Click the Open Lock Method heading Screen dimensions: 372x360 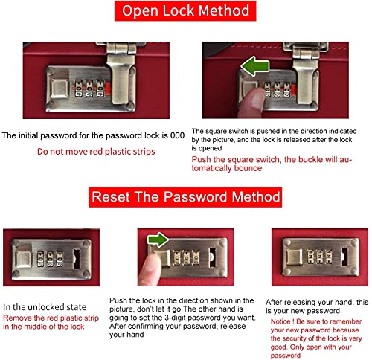click(x=185, y=11)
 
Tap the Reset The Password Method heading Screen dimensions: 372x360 click(x=185, y=197)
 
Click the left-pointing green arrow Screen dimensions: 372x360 click(x=255, y=66)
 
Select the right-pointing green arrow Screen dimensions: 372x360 click(x=158, y=240)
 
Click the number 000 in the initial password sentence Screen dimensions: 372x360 click(x=177, y=135)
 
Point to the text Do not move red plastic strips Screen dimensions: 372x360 click(x=96, y=152)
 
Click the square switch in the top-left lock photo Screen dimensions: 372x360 click(x=60, y=89)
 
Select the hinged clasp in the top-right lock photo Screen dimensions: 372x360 click(x=306, y=74)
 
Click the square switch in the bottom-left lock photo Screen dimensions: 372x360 click(x=24, y=260)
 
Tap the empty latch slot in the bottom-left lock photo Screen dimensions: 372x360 click(x=77, y=259)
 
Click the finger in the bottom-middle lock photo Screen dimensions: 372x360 click(x=150, y=270)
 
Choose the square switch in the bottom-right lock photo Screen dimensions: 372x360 click(x=295, y=257)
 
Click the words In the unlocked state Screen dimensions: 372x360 click(x=45, y=307)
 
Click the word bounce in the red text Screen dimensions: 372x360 click(x=248, y=168)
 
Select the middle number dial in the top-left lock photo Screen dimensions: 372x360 click(x=89, y=89)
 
